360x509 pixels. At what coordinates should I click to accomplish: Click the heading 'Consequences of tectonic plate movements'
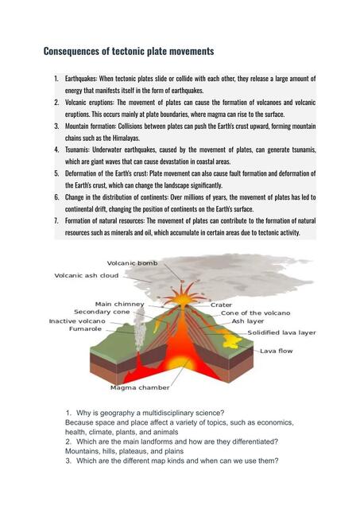128,52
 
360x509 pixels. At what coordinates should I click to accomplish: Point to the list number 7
56,220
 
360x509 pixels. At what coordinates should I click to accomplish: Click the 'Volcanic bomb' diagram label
133,263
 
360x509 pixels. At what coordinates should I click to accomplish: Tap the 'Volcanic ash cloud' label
86,276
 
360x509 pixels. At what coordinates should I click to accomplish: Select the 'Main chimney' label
119,304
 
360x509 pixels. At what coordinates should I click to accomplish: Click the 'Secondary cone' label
102,312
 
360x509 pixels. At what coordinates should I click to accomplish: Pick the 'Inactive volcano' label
79,321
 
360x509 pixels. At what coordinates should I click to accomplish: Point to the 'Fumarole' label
85,329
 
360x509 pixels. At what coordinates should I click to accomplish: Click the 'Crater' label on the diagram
221,305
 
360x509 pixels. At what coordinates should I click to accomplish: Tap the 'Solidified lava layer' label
281,332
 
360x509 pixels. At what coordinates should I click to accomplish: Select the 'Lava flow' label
277,351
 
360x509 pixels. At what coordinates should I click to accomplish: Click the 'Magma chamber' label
140,388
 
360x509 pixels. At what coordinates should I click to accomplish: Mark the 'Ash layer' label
248,321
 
